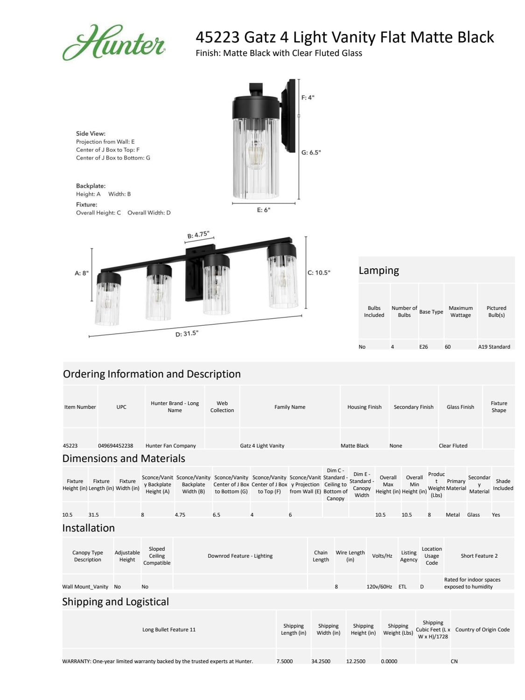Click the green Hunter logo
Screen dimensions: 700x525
pyautogui.click(x=113, y=43)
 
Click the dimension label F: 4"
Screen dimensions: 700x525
pyautogui.click(x=308, y=98)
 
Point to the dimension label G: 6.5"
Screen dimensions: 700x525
pyautogui.click(x=311, y=153)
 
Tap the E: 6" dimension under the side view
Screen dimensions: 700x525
pyautogui.click(x=264, y=210)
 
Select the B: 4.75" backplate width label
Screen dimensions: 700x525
pyautogui.click(x=198, y=235)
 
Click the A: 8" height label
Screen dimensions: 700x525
pyautogui.click(x=82, y=273)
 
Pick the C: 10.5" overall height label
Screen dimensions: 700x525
pyautogui.click(x=319, y=273)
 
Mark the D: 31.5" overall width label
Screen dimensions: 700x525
pyautogui.click(x=187, y=334)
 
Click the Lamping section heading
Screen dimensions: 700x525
pyautogui.click(x=378, y=271)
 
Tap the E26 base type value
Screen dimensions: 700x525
pyautogui.click(x=423, y=347)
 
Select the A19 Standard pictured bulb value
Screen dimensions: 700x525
pyautogui.click(x=494, y=347)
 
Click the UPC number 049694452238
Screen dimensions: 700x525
pyautogui.click(x=115, y=446)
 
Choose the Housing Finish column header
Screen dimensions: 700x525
pyautogui.click(x=364, y=407)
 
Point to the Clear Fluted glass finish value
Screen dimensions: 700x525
pyautogui.click(x=453, y=446)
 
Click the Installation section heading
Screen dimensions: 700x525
pyautogui.click(x=89, y=528)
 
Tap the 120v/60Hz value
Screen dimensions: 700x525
pyautogui.click(x=379, y=587)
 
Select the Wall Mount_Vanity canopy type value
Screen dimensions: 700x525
pyautogui.click(x=85, y=587)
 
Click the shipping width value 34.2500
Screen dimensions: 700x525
pyautogui.click(x=321, y=661)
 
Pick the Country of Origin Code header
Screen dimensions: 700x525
pyautogui.click(x=482, y=630)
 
